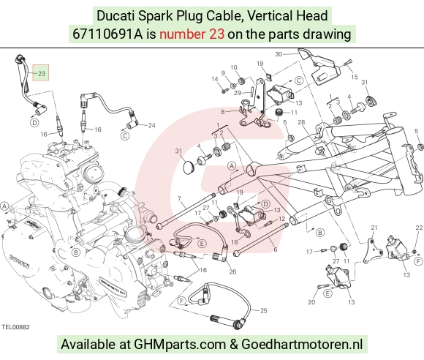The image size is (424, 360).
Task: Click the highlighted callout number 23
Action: click(42, 73)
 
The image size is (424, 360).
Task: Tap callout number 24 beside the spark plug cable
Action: click(152, 125)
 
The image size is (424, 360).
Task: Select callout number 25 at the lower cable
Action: click(263, 310)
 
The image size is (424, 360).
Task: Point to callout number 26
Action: click(232, 271)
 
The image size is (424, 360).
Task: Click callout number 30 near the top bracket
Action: click(279, 54)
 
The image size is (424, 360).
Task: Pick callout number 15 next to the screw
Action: click(355, 77)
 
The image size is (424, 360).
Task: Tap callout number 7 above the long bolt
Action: click(179, 199)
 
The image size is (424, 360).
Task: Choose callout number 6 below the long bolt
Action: click(276, 249)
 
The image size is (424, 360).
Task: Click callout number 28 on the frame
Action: click(301, 122)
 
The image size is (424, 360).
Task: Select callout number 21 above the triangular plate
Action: click(374, 228)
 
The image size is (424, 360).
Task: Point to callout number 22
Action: click(419, 228)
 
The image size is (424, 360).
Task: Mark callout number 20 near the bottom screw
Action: click(311, 301)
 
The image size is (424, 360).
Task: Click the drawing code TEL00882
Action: click(15, 327)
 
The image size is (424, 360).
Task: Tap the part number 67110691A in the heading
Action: click(107, 34)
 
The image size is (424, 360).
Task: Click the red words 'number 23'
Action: click(192, 34)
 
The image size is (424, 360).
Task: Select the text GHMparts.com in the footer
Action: click(180, 345)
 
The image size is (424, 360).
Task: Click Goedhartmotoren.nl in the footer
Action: click(302, 345)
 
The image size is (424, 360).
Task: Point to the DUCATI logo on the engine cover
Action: click(19, 261)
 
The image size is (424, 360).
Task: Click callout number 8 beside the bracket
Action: click(223, 111)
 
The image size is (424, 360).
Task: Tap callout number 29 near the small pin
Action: click(238, 93)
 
